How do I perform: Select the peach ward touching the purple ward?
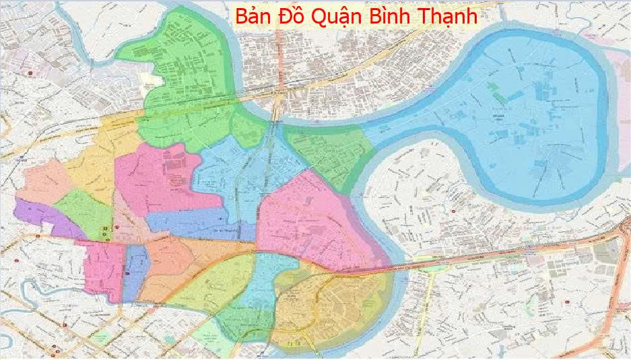44,183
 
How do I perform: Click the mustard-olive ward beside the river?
337,303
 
